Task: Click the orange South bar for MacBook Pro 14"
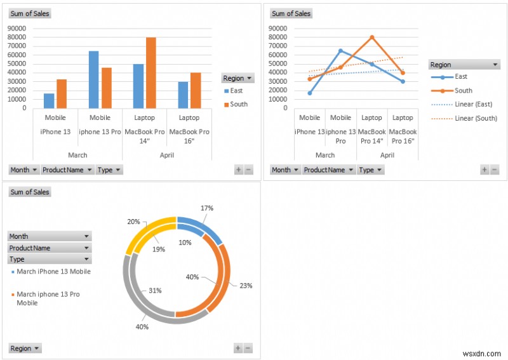150,73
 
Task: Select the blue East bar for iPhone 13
49,101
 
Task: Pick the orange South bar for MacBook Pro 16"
195,90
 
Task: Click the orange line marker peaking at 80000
371,37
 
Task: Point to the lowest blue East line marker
309,93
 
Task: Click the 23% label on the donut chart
246,286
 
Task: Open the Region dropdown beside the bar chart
237,78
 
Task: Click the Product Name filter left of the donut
49,248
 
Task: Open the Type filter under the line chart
371,170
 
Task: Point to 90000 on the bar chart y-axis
17,28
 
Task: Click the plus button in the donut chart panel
238,348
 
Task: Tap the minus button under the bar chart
248,170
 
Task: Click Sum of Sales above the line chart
291,13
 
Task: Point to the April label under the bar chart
166,155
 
